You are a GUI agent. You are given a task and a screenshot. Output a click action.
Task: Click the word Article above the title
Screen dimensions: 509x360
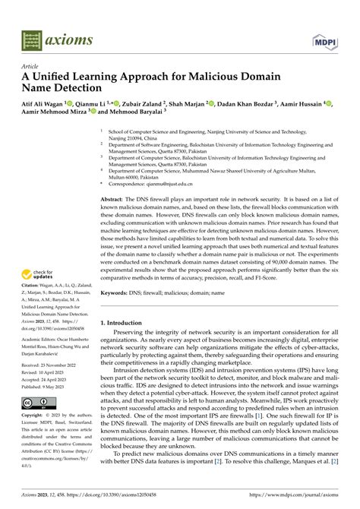(x=31, y=65)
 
